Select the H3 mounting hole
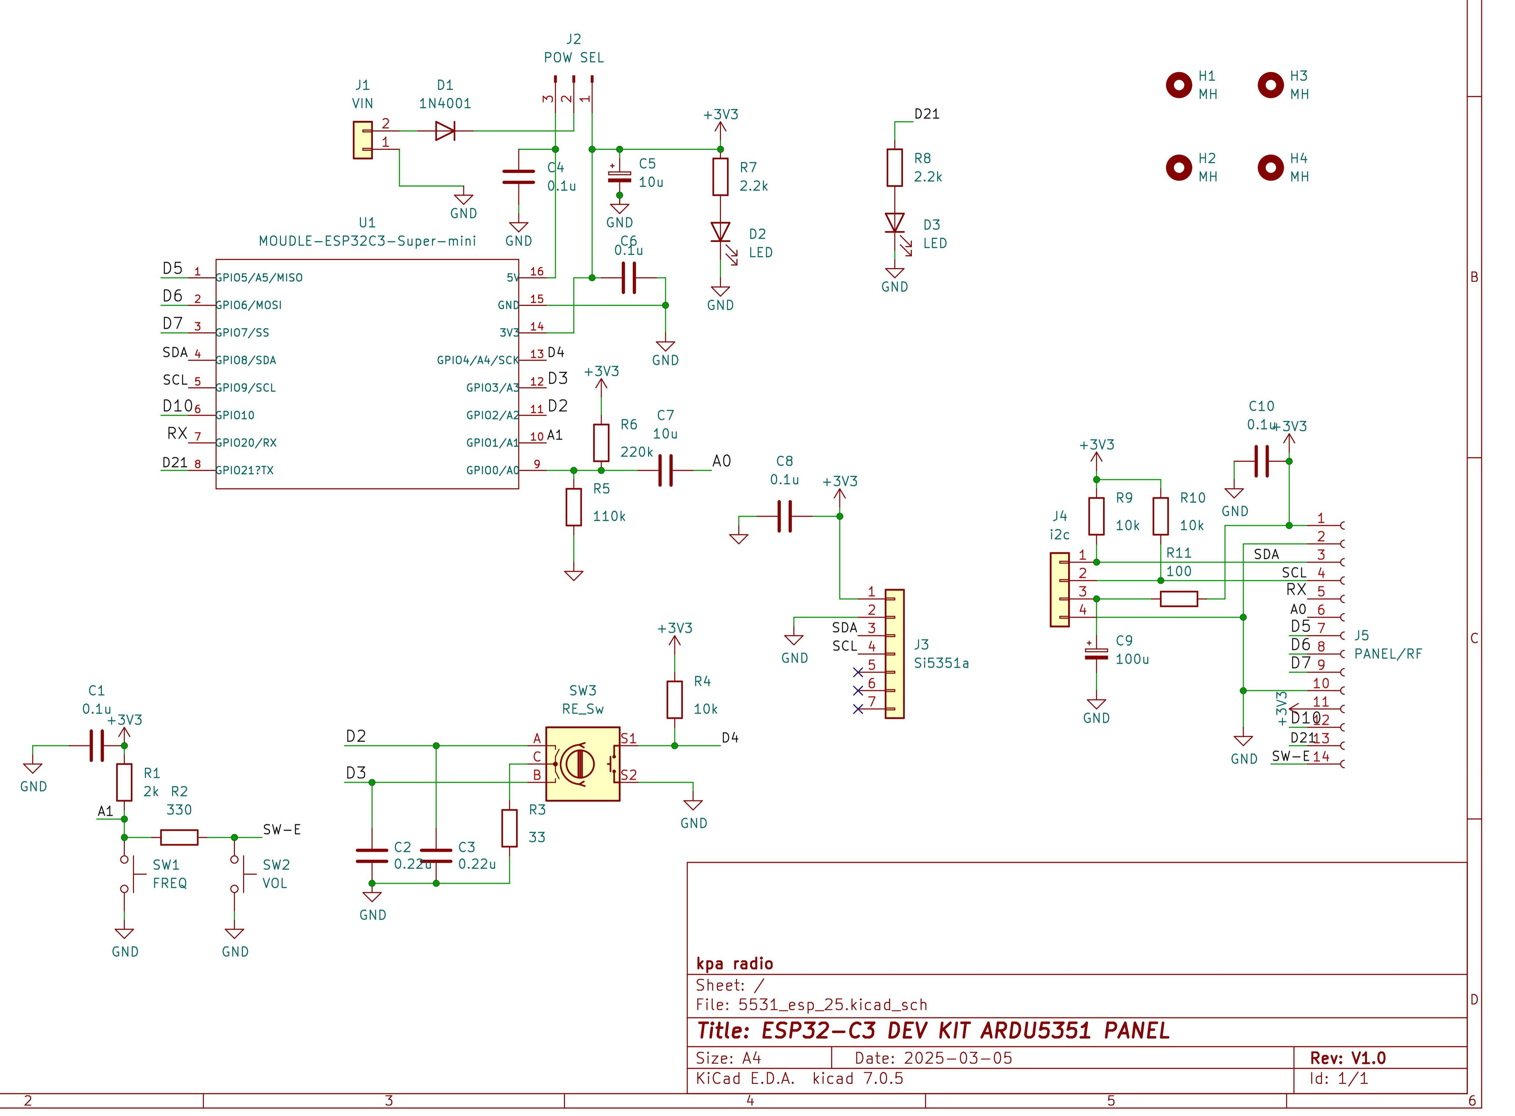point(1270,85)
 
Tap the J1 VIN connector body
point(363,140)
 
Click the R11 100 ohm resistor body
point(1179,598)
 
